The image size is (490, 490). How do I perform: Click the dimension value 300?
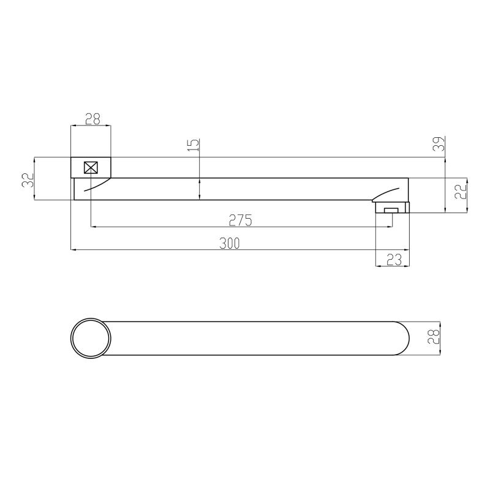coord(229,243)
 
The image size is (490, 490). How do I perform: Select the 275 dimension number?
coord(240,221)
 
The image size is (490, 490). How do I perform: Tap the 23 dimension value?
coord(394,260)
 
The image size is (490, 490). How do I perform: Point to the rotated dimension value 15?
coord(194,145)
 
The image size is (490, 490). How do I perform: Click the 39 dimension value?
coord(439,144)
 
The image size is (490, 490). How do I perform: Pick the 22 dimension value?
coord(461,191)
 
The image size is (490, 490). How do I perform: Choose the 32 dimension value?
coord(28,180)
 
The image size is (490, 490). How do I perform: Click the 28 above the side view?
coord(92,119)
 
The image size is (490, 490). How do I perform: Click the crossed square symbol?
coord(91,167)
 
